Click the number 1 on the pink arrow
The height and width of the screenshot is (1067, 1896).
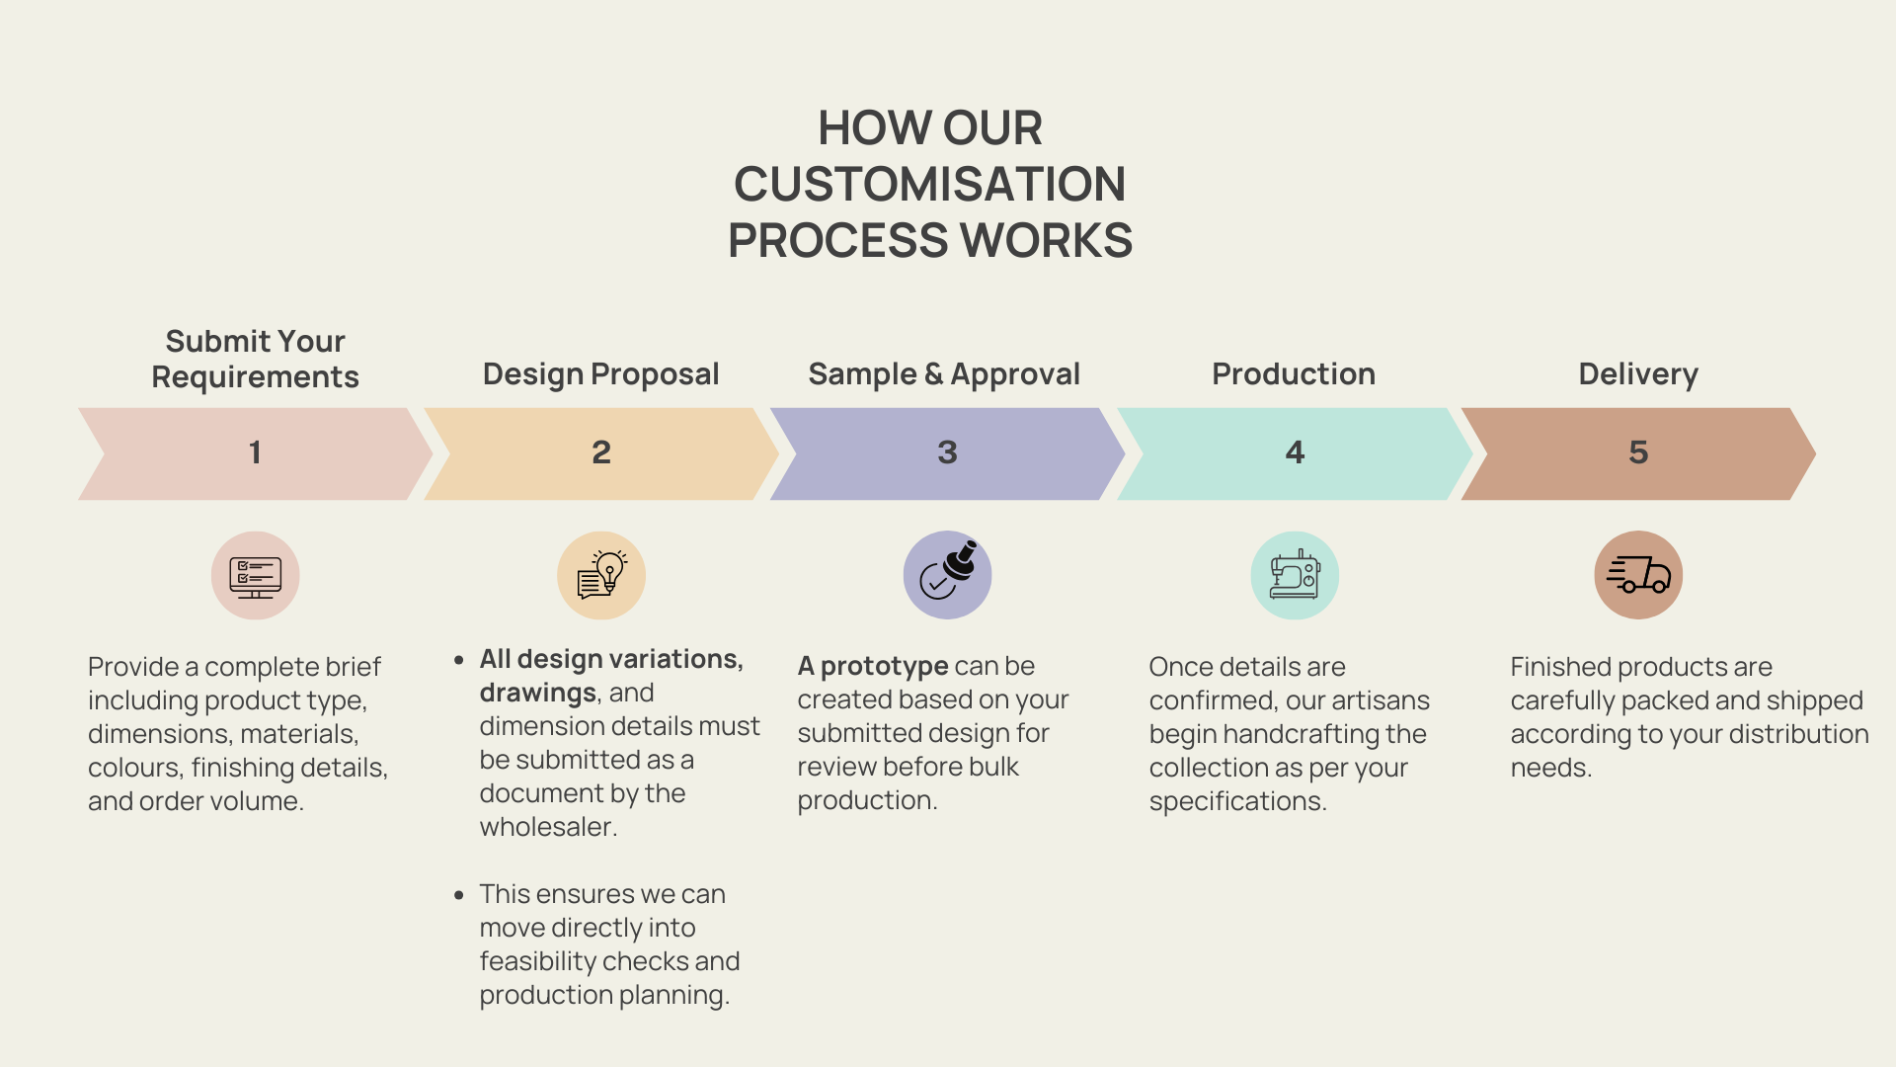(255, 452)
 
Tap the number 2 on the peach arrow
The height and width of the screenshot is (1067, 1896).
(601, 452)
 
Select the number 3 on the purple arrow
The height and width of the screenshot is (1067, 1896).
(947, 452)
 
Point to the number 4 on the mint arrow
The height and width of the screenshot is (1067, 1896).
(1295, 452)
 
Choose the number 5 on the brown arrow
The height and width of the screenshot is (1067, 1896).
(1638, 452)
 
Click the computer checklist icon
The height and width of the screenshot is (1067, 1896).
(255, 576)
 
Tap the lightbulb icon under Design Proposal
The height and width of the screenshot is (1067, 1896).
(601, 575)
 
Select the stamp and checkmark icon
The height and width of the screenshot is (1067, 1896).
(948, 571)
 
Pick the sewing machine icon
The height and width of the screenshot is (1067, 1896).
(1295, 574)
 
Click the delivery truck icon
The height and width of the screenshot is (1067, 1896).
(1638, 574)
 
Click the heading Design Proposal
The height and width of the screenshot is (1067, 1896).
(600, 374)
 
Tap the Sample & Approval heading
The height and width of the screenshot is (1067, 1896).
(944, 374)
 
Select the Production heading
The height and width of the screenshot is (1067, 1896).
(1294, 373)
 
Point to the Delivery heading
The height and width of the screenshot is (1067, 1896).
(1638, 374)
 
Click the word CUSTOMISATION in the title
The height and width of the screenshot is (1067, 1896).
(929, 184)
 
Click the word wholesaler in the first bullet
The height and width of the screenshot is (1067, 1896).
(548, 827)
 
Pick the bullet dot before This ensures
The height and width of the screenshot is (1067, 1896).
(459, 895)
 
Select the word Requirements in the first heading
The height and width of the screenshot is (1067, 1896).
(255, 377)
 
